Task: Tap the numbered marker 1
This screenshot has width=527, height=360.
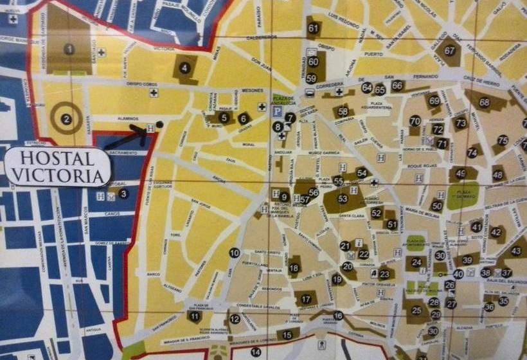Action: point(69,49)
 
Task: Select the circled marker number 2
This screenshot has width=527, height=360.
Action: point(66,119)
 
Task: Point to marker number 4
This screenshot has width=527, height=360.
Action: point(185,67)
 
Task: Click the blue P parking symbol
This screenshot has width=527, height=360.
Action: point(277,111)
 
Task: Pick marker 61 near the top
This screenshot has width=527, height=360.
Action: point(313,28)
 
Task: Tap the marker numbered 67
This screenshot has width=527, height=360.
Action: point(449,51)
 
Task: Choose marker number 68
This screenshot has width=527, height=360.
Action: point(484,102)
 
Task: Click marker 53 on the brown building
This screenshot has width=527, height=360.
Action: point(343,199)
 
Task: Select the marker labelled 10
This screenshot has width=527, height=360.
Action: point(234,253)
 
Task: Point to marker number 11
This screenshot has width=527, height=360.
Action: point(195,316)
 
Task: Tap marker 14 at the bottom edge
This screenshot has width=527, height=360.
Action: point(256,352)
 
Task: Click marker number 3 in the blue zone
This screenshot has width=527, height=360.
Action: point(123,193)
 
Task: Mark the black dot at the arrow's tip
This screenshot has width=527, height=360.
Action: point(159,123)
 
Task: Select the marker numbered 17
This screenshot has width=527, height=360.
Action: point(306,299)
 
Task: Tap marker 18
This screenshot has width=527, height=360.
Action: point(294,267)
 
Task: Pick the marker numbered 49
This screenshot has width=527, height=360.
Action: point(460,174)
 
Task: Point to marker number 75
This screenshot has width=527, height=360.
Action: point(503,140)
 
